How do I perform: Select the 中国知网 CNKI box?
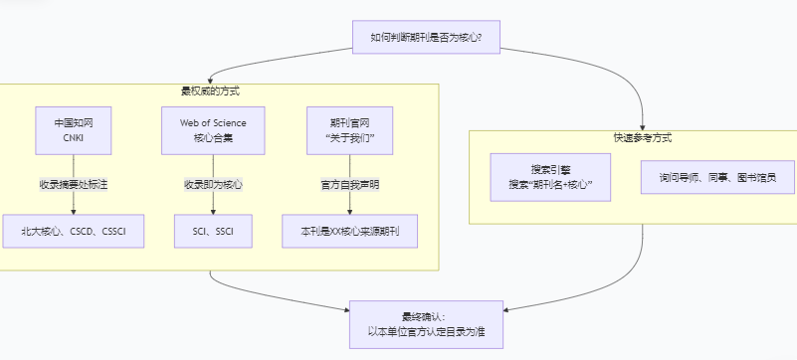(74, 130)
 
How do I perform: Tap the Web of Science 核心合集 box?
(213, 130)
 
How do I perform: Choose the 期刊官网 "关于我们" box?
(349, 130)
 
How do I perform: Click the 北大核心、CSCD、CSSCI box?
(74, 231)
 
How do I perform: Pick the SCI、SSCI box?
(213, 231)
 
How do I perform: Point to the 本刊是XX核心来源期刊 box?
(349, 231)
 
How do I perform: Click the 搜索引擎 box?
(550, 177)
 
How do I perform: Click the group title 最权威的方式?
(210, 91)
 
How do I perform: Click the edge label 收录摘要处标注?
(74, 185)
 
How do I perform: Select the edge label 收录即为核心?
(213, 185)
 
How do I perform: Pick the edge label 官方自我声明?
(349, 185)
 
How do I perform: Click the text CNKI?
(74, 138)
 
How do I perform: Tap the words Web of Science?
(213, 122)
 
